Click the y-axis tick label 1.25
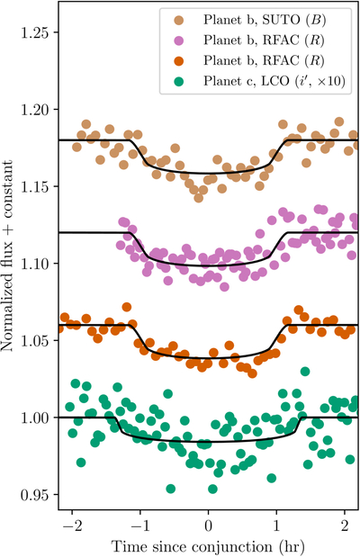click(35, 32)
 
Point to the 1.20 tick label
click(35, 110)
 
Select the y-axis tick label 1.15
click(35, 187)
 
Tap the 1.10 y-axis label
click(35, 264)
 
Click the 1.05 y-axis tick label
click(35, 341)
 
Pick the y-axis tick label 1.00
click(35, 418)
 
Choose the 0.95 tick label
click(35, 495)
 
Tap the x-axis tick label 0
click(209, 526)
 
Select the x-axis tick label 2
click(345, 526)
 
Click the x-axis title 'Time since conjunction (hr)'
click(208, 547)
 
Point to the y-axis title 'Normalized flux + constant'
click(7, 256)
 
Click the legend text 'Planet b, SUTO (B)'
click(265, 20)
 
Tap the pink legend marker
click(179, 40)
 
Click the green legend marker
click(179, 82)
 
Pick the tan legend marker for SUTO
click(179, 20)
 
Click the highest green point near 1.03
click(305, 372)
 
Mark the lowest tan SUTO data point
click(199, 197)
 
